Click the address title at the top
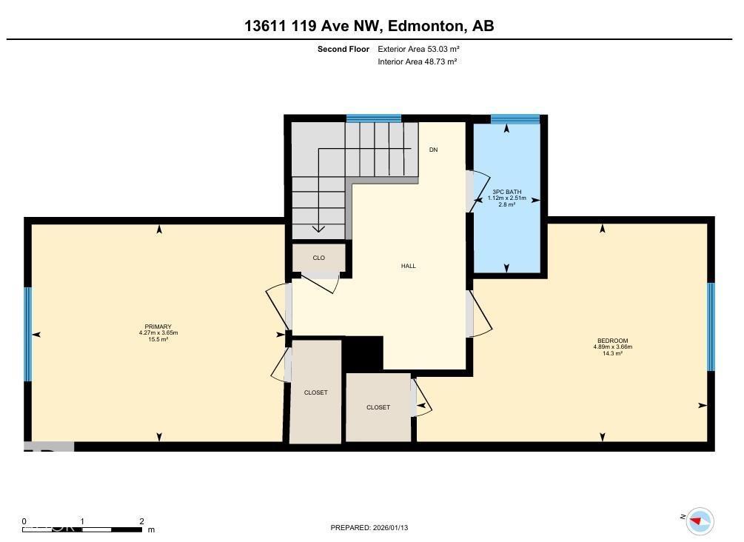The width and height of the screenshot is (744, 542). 369,26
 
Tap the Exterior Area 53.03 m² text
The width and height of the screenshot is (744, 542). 418,49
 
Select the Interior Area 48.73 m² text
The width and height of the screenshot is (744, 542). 417,61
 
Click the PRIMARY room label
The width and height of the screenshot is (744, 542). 158,327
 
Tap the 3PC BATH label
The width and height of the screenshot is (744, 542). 506,192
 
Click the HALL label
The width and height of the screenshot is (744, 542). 408,266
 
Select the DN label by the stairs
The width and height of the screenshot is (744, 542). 433,150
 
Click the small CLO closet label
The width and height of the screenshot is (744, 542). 318,258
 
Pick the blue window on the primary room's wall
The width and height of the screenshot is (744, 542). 28,334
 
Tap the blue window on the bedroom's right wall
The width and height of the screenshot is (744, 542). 711,327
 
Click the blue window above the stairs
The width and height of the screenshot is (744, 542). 374,118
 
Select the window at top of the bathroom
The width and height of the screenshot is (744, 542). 515,118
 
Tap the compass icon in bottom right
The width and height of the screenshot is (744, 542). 699,521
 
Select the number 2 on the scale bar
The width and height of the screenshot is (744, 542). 141,521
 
